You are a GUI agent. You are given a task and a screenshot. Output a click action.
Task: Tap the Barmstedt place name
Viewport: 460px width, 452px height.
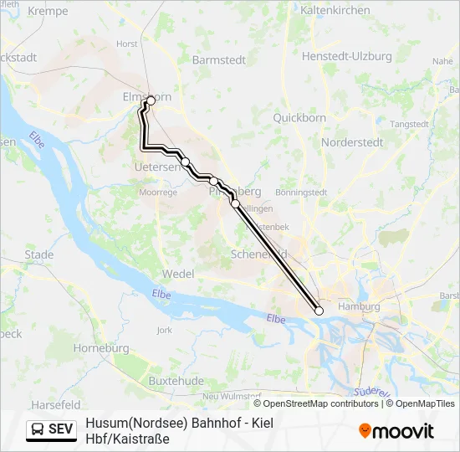[218, 59]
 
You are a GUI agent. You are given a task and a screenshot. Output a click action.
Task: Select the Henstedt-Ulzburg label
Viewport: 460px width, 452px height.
[347, 56]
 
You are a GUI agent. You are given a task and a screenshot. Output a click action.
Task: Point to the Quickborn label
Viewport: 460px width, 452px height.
[299, 118]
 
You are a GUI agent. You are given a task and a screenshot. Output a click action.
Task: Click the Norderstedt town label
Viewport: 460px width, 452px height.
[353, 142]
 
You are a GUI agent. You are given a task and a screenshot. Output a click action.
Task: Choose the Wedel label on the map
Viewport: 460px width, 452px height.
[178, 274]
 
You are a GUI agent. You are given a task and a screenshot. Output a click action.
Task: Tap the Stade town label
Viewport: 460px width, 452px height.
[39, 254]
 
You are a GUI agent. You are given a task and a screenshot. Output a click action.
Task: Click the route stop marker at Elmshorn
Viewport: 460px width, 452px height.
[151, 100]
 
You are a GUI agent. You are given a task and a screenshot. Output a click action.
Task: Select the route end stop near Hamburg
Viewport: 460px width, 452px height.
[319, 311]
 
